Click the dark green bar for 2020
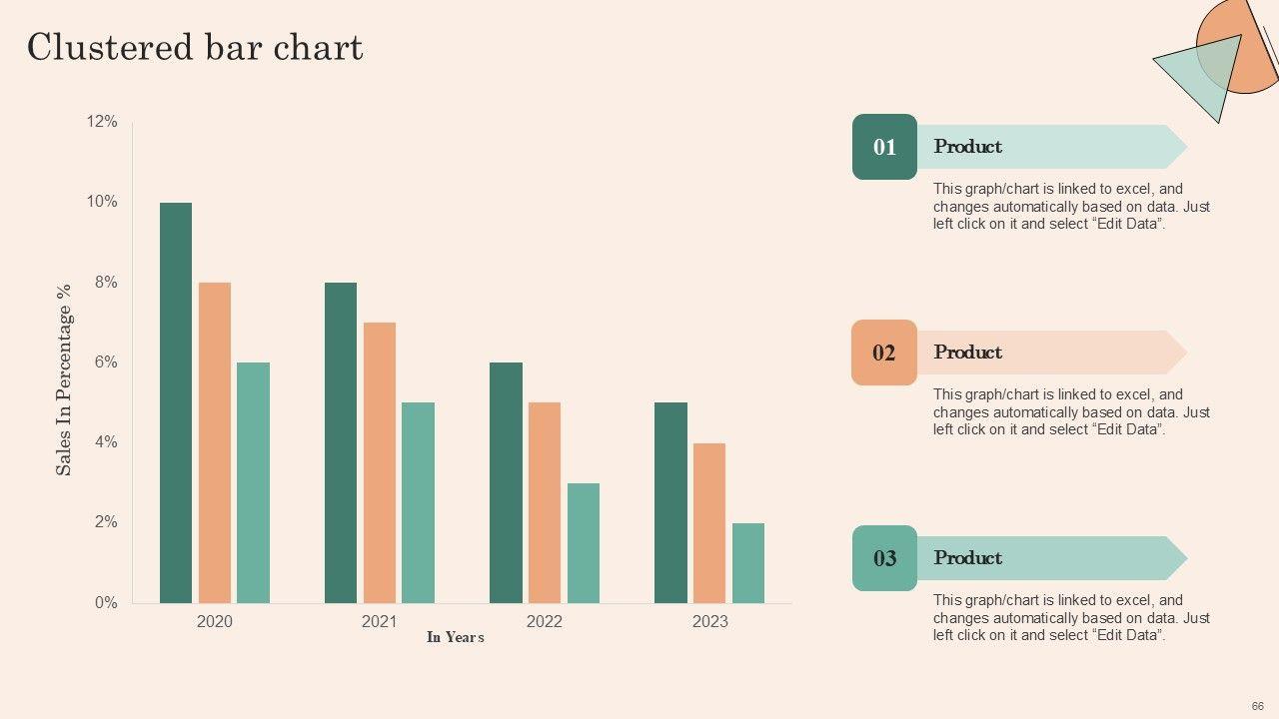click(x=176, y=402)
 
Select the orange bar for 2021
click(x=380, y=462)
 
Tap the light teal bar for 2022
click(x=584, y=542)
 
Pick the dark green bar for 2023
click(x=670, y=502)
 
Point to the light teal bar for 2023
click(x=748, y=562)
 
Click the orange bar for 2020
click(x=215, y=442)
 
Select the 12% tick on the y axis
click(x=102, y=122)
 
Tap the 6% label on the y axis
click(x=105, y=362)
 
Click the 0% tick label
click(x=105, y=603)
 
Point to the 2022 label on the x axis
click(x=545, y=622)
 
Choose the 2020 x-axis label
click(x=215, y=622)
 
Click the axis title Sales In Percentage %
click(x=64, y=379)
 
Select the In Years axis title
click(x=456, y=637)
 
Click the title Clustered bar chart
click(x=195, y=47)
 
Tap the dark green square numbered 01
click(x=884, y=147)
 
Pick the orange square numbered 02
click(x=884, y=353)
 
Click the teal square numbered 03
click(x=884, y=558)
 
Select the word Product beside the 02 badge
click(x=967, y=353)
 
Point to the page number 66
click(x=1257, y=706)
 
